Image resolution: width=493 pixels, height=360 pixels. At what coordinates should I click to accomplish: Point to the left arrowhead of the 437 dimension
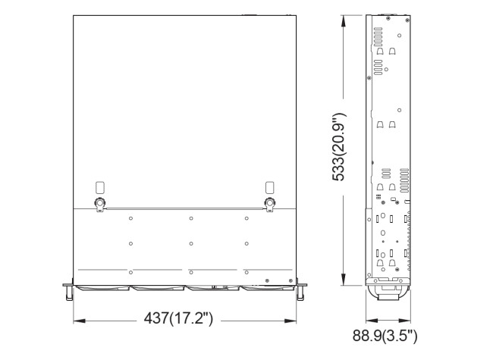coord(76,319)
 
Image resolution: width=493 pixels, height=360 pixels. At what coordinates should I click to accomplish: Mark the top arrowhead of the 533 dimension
coord(344,17)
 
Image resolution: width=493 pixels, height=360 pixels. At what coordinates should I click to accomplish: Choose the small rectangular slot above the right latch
coord(269,187)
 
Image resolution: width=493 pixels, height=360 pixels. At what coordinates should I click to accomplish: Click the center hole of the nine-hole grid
coord(190,243)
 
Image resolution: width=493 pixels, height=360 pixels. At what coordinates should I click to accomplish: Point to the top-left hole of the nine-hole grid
coord(131,218)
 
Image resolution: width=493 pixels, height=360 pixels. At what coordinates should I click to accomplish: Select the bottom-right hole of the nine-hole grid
coord(246,271)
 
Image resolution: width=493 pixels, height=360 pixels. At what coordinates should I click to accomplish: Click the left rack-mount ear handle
coord(68,290)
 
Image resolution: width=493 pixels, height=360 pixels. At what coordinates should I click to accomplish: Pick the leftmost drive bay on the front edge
coord(102,288)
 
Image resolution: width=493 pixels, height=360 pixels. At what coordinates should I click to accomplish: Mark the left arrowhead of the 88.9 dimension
coord(369,319)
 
